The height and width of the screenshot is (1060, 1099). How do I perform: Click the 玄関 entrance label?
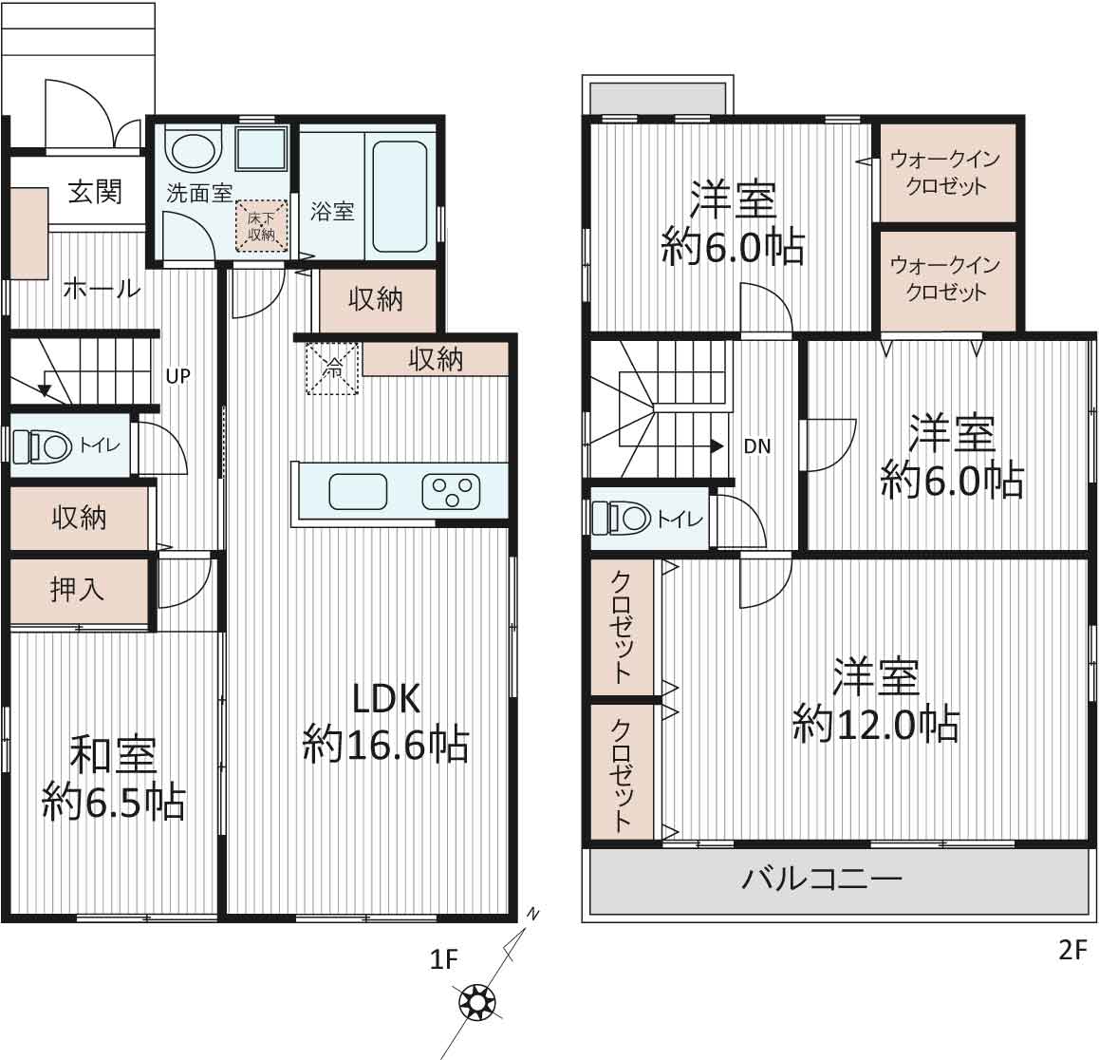[95, 191]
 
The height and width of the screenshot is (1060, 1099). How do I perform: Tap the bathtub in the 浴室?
[400, 197]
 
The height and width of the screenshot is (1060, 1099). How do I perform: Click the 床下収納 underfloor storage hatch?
[261, 226]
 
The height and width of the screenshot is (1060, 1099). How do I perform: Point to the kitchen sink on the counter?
[358, 491]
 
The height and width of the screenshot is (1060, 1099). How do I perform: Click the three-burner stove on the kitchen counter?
[451, 491]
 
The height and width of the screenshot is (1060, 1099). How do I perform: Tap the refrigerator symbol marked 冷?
[333, 369]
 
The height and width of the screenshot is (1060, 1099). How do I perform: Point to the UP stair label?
[178, 376]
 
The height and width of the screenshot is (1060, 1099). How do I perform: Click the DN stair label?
[757, 445]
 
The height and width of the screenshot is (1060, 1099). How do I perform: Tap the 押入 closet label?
[77, 589]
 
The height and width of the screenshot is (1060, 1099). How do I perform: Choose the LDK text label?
[386, 699]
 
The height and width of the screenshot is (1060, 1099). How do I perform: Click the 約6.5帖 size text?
[114, 804]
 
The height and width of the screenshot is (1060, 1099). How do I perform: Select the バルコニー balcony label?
[822, 879]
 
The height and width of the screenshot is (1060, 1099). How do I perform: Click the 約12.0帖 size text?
[876, 724]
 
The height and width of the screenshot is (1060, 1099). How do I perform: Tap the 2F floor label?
[1072, 950]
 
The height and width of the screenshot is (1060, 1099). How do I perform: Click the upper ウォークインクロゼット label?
[945, 173]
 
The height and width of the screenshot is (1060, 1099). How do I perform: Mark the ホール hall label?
[102, 289]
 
